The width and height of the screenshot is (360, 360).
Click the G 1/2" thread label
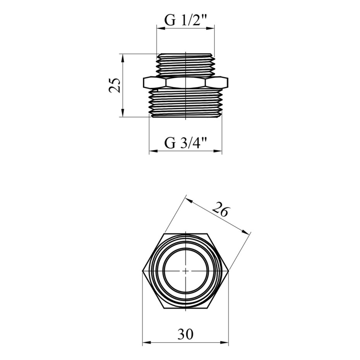click(186, 21)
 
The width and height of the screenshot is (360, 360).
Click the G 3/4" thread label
click(186, 144)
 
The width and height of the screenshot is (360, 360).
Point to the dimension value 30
click(185, 334)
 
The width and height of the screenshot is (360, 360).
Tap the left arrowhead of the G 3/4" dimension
click(154, 151)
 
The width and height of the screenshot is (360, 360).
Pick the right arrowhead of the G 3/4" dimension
click(218, 151)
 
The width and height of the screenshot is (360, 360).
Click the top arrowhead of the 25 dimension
click(123, 58)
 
